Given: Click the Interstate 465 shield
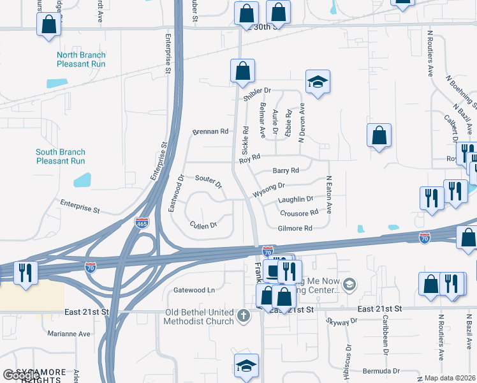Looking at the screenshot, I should click(142, 223).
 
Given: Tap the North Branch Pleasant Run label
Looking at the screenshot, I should click(81, 59).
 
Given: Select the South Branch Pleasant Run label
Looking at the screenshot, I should click(61, 156).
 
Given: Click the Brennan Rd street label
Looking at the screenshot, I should click(210, 131).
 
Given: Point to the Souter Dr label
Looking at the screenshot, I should click(209, 183).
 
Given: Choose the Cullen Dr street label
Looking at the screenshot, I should click(203, 225).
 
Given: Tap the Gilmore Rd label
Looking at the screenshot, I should click(295, 228).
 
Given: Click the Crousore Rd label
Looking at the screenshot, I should click(298, 213).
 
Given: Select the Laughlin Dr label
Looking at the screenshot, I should click(296, 199).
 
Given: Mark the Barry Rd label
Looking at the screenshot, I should click(286, 170).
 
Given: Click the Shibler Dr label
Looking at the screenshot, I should click(257, 92).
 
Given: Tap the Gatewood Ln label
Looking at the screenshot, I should click(194, 290).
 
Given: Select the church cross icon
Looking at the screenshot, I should click(243, 315).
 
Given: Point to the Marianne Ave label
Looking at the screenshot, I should click(69, 333).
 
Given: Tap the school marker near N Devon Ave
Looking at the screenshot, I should click(318, 82).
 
